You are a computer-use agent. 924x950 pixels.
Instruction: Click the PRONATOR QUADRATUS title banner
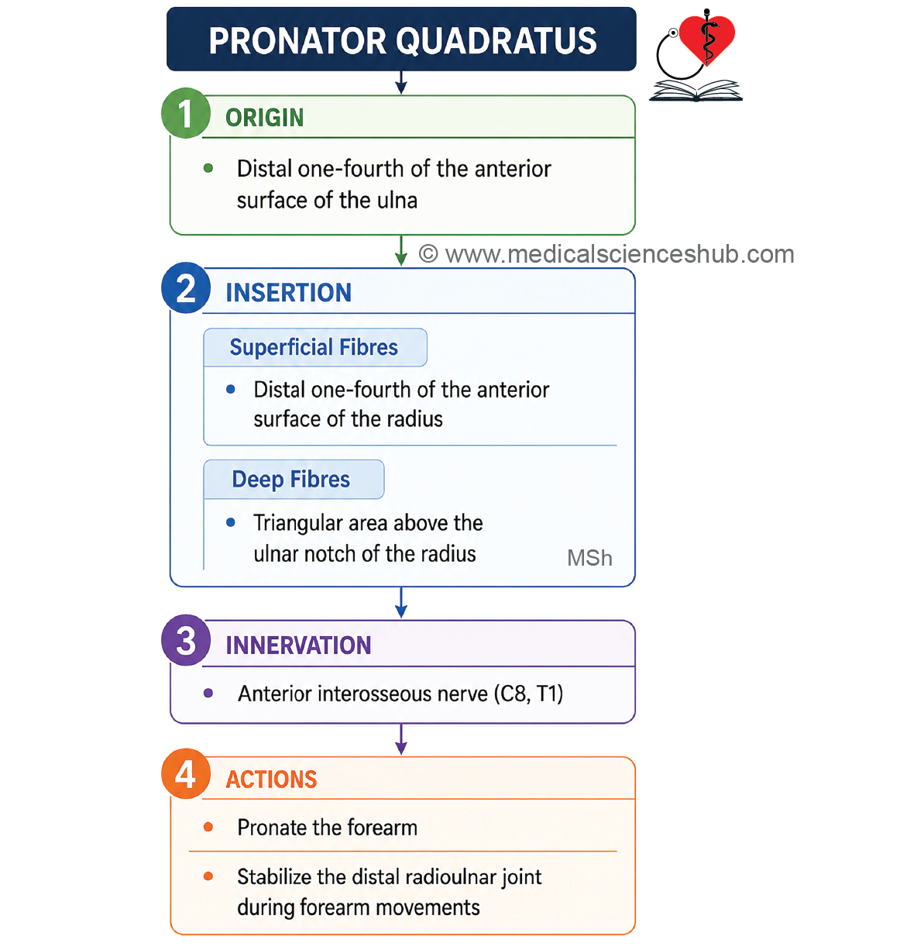click(x=401, y=39)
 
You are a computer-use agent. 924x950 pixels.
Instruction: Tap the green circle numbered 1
click(x=186, y=113)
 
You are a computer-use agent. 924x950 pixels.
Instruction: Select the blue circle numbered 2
click(x=186, y=287)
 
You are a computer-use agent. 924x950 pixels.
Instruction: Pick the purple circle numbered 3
click(x=186, y=640)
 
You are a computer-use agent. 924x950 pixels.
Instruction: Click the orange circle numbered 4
click(x=186, y=774)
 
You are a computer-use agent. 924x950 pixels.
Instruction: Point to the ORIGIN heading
click(x=265, y=118)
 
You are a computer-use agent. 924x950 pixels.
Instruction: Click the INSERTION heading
click(x=288, y=292)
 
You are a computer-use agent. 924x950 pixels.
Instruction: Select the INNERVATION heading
click(x=298, y=645)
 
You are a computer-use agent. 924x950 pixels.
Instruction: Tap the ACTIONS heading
click(x=271, y=779)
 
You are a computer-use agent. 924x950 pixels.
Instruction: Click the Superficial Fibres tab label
click(x=314, y=347)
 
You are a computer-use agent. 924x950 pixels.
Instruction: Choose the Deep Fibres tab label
click(x=290, y=480)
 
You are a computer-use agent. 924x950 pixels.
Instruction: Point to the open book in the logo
click(x=696, y=91)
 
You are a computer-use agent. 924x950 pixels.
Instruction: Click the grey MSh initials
click(x=589, y=557)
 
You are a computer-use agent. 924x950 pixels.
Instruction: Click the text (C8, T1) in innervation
click(x=528, y=694)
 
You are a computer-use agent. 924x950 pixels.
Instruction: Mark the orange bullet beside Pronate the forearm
click(x=208, y=827)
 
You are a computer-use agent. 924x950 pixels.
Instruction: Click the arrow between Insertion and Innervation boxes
click(x=401, y=602)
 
